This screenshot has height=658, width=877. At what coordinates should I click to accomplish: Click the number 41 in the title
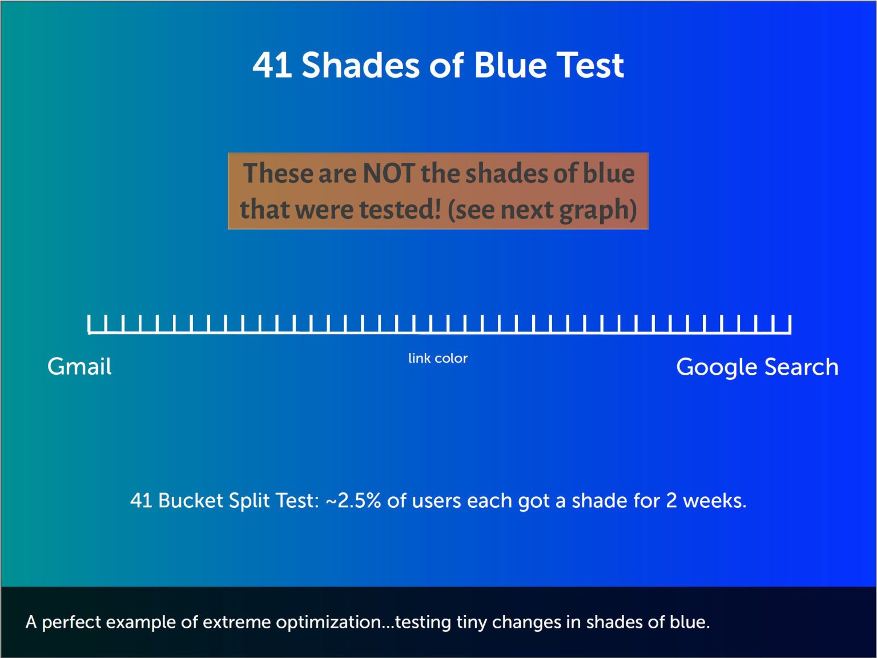pyautogui.click(x=272, y=65)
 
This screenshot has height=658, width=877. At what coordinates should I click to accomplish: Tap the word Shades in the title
pyautogui.click(x=360, y=65)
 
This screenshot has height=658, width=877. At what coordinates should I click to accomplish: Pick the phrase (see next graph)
pyautogui.click(x=542, y=210)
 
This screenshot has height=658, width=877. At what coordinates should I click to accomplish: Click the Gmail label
pyautogui.click(x=79, y=366)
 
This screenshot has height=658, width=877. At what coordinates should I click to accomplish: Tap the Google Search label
pyautogui.click(x=757, y=367)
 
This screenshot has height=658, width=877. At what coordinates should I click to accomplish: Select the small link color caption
pyautogui.click(x=438, y=358)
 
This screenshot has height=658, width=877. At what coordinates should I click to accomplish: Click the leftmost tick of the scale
pyautogui.click(x=88, y=324)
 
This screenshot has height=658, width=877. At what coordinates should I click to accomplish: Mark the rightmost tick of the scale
pyautogui.click(x=790, y=324)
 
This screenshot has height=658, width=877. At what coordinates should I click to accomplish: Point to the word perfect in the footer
pyautogui.click(x=71, y=623)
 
